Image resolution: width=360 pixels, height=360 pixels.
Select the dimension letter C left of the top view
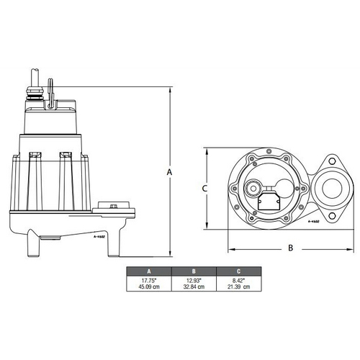pos(204,188)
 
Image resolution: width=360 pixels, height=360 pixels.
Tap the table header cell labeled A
pos(148,272)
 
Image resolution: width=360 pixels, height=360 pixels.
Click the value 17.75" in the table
pos(148,280)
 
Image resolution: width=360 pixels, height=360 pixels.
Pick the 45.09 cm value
pos(148,287)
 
